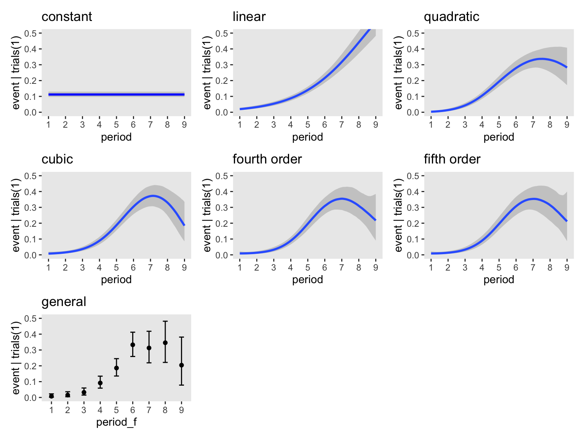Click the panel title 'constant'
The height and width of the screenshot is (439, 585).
pos(67,17)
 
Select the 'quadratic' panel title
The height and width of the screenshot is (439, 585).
pos(451,17)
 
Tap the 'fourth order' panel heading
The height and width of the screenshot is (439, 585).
pos(267,159)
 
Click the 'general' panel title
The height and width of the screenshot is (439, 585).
pos(64,302)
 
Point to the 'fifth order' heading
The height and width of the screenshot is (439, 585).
pos(452,159)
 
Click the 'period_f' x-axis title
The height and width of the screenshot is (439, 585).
pos(116,422)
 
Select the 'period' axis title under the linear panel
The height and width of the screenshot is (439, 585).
pos(307,137)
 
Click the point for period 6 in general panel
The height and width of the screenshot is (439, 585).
pos(133,344)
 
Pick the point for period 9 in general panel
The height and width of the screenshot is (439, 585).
pos(182,365)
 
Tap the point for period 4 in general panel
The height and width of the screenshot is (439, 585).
pos(100,383)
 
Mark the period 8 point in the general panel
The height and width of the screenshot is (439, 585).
pos(165,343)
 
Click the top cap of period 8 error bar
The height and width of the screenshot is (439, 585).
pos(165,321)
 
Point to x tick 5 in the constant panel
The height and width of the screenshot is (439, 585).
pos(116,125)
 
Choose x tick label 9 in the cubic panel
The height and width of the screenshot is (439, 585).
pos(184,268)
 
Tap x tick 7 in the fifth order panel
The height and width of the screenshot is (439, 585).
pos(533,268)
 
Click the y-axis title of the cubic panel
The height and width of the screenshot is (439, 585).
pos(16,215)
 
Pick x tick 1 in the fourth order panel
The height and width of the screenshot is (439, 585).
pos(240,268)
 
